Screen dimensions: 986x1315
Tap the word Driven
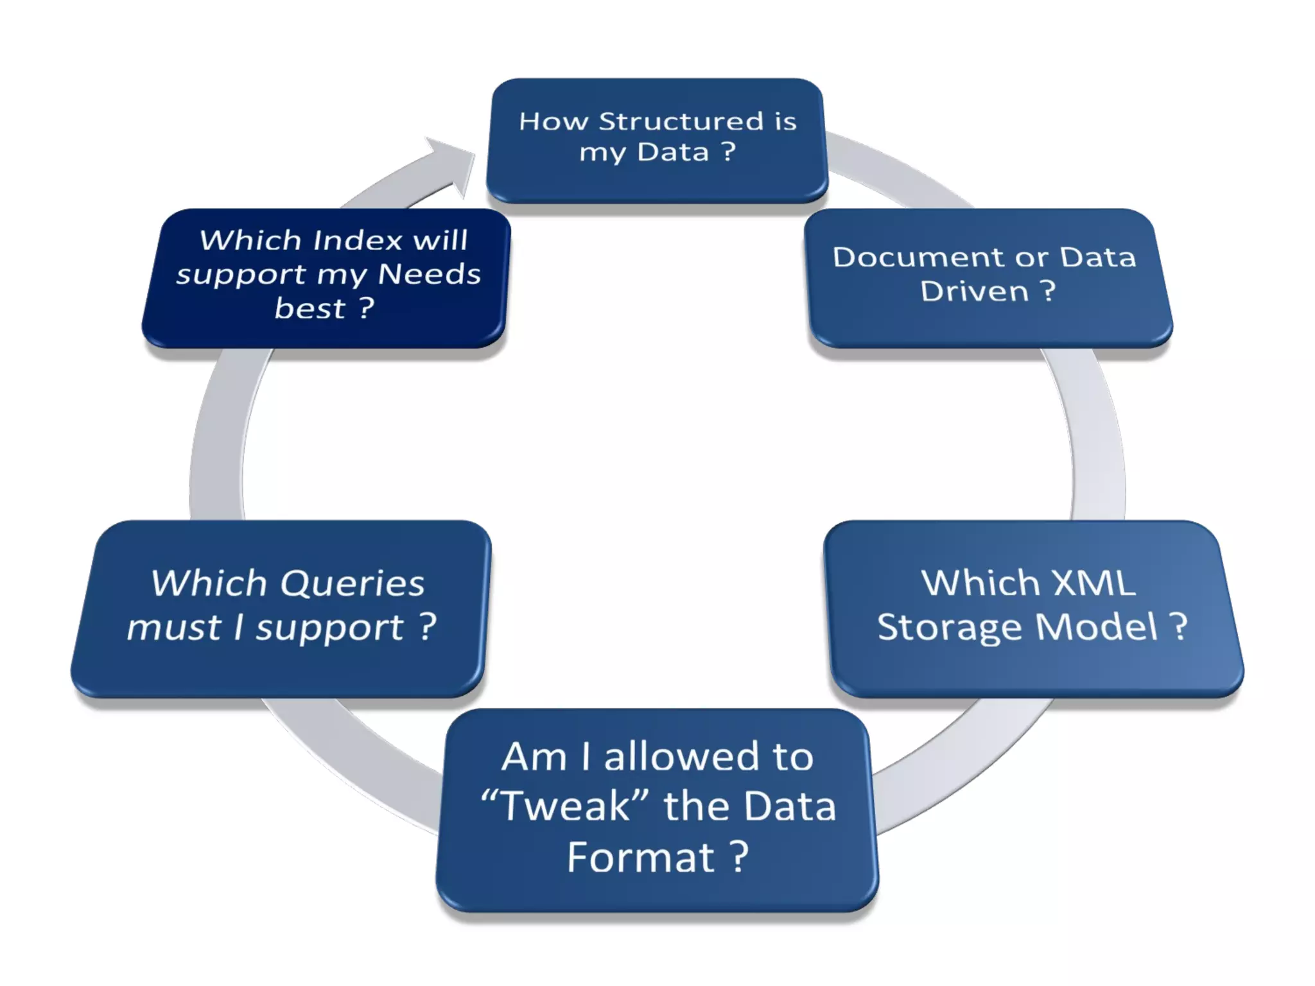click(x=974, y=291)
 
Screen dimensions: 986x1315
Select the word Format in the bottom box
click(x=640, y=857)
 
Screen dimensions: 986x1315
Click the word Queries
click(x=353, y=584)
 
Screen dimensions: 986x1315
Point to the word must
click(x=174, y=627)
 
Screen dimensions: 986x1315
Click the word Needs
click(x=429, y=274)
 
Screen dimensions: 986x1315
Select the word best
click(x=309, y=308)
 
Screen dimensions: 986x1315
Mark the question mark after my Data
click(x=728, y=151)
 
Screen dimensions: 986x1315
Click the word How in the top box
click(x=553, y=121)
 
